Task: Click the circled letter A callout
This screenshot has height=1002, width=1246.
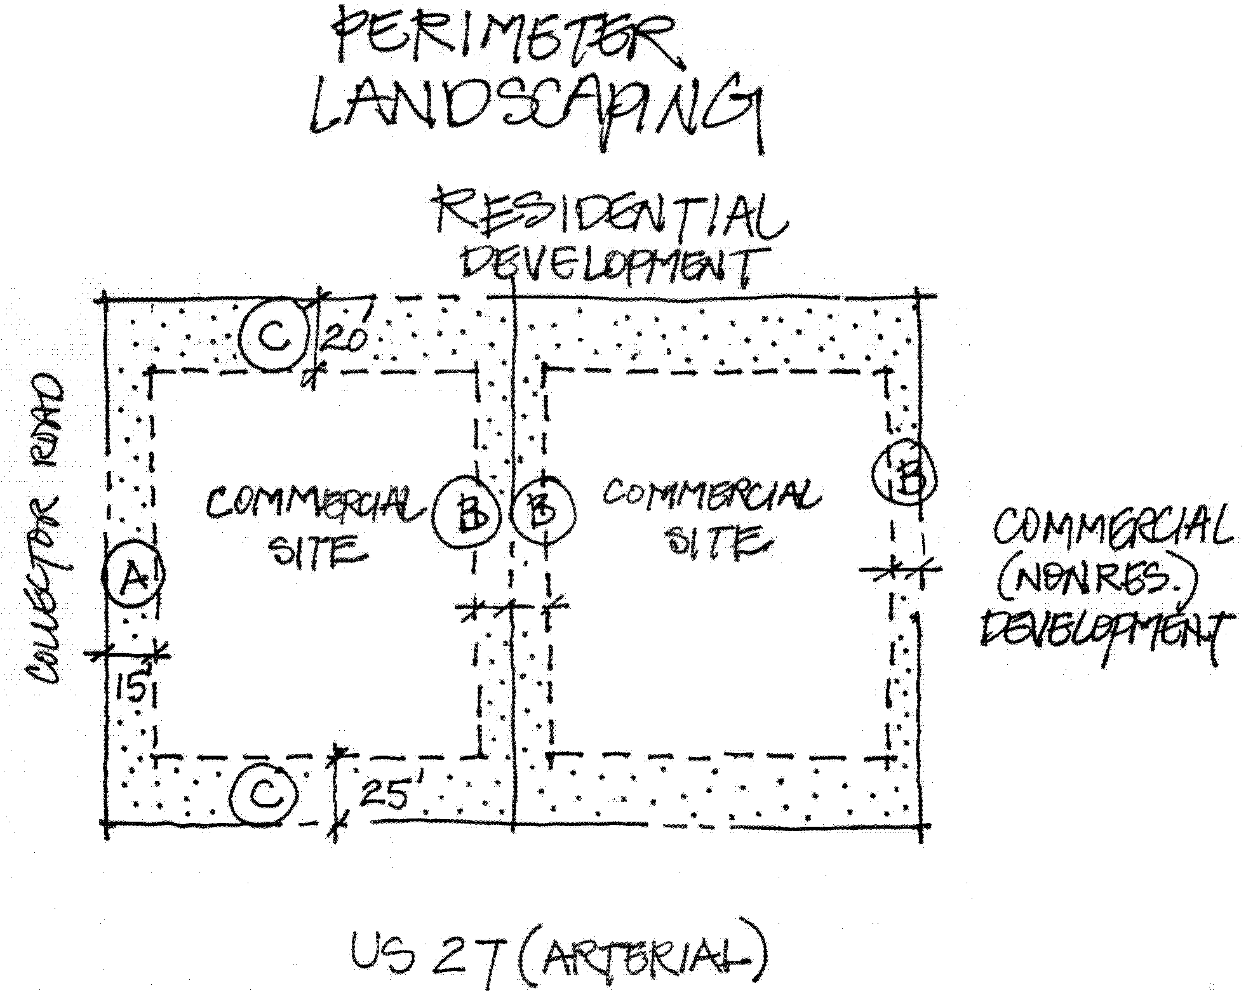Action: tap(133, 575)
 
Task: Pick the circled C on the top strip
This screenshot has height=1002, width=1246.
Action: tap(274, 335)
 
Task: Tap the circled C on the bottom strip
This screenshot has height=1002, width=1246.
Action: tap(263, 794)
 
